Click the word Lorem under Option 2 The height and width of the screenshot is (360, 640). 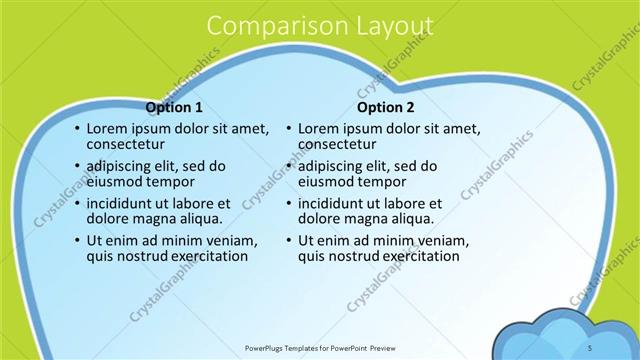[x=319, y=129]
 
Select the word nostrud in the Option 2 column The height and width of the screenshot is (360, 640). [x=352, y=256]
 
